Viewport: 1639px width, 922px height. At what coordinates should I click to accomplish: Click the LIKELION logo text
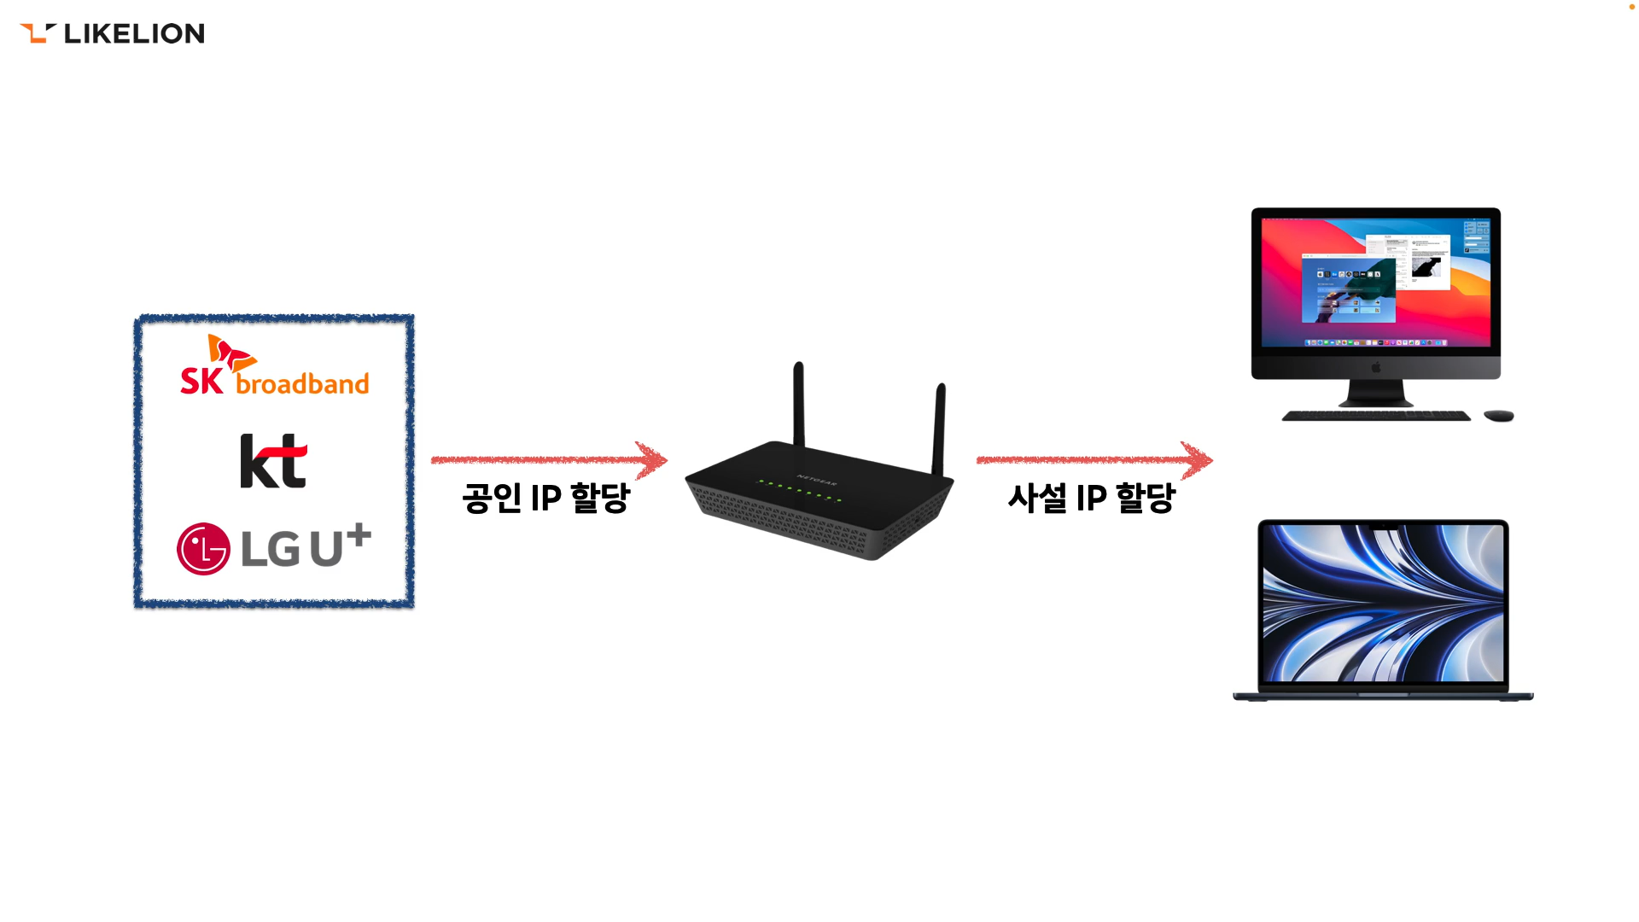tap(134, 33)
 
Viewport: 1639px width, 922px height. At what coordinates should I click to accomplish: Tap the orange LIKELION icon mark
tap(38, 33)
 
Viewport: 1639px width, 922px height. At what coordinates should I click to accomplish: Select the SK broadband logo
tap(274, 367)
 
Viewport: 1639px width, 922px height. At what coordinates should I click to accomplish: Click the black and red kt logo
tap(273, 461)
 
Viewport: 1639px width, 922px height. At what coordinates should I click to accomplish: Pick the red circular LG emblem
tap(203, 548)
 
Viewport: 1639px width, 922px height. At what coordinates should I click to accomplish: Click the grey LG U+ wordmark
tap(305, 546)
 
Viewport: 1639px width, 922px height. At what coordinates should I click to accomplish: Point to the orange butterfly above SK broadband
tap(229, 352)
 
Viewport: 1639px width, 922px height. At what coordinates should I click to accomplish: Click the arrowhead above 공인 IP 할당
tap(653, 459)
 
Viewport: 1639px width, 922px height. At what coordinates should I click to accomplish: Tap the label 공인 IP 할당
tap(545, 498)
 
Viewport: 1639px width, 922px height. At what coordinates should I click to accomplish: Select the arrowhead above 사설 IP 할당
tap(1198, 459)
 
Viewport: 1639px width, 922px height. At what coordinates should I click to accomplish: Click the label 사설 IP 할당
tap(1091, 498)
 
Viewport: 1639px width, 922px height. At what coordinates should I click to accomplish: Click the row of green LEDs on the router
tap(800, 490)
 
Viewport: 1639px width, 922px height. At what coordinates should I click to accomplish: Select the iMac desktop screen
tap(1375, 282)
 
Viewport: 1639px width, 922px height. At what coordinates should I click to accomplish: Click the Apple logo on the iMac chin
tap(1375, 368)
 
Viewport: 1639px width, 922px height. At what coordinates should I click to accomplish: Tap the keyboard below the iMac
tap(1375, 417)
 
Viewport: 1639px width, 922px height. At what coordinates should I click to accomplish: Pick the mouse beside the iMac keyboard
tap(1498, 416)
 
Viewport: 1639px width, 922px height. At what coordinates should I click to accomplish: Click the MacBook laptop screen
tap(1383, 603)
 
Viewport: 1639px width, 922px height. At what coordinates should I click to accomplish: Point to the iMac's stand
tap(1375, 393)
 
